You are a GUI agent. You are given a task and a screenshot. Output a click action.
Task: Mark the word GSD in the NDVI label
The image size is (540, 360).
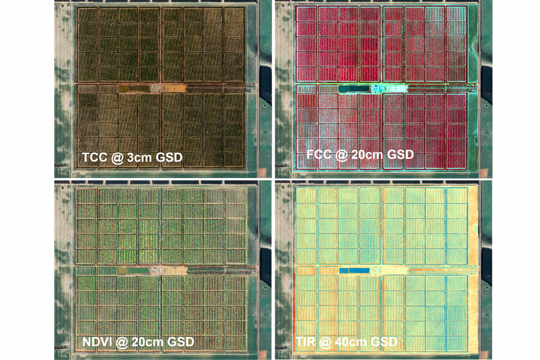[179, 342]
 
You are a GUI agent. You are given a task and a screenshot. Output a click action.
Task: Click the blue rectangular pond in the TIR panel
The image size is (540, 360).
[352, 270]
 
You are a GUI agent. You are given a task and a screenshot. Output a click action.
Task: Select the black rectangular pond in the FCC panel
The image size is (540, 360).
[353, 88]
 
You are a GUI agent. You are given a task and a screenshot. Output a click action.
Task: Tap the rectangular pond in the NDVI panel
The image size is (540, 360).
[133, 270]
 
